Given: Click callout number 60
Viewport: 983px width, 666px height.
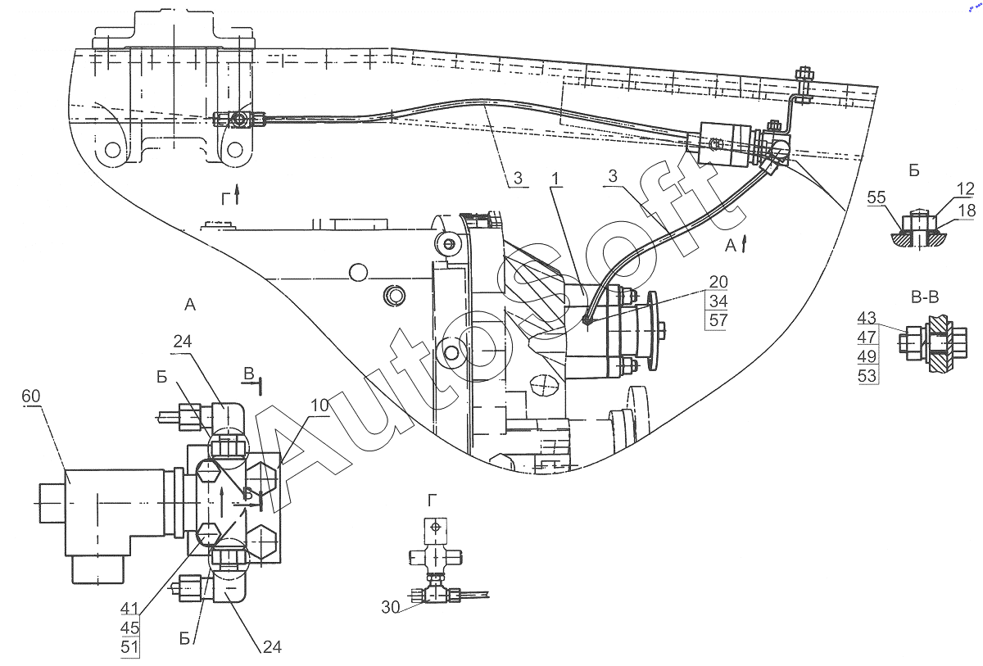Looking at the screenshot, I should point(30,397).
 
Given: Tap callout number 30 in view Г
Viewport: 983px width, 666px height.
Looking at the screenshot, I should point(390,607).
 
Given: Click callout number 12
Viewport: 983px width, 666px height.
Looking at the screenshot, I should point(965,189).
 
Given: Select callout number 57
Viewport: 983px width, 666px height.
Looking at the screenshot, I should point(718,320).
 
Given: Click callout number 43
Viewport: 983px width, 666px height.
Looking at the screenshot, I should point(867,318).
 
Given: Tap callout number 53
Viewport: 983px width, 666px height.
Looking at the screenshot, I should point(867,376).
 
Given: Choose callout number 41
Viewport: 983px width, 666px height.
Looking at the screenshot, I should point(129,609).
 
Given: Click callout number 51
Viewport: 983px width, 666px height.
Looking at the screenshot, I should point(129,647).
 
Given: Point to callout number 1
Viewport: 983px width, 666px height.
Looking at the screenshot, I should point(557,178).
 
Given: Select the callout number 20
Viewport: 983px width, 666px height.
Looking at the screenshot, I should point(718,283).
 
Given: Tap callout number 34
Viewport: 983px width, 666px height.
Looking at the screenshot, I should point(718,301).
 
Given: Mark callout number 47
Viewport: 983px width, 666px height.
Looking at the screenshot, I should point(867,337).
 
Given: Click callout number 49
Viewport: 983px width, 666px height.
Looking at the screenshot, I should point(867,356).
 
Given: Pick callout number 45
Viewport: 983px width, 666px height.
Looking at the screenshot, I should point(129,627).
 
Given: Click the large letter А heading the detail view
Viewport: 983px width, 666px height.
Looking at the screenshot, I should point(190,305).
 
